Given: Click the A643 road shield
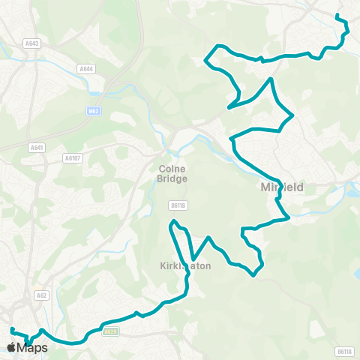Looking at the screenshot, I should pyautogui.click(x=31, y=44).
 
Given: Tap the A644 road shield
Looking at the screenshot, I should pyautogui.click(x=86, y=69).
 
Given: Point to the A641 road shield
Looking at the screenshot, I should pyautogui.click(x=36, y=147).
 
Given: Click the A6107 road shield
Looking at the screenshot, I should pyautogui.click(x=72, y=158).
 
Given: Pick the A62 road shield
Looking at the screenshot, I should pyautogui.click(x=42, y=296).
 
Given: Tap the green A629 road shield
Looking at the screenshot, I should pyautogui.click(x=110, y=331).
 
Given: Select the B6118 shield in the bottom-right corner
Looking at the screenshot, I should pyautogui.click(x=343, y=351).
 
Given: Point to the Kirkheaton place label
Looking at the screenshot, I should pyautogui.click(x=185, y=265).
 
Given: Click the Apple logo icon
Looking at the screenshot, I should pyautogui.click(x=11, y=347).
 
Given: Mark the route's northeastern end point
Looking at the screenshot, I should pyautogui.click(x=337, y=16).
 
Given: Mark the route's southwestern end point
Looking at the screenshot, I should pyautogui.click(x=11, y=330).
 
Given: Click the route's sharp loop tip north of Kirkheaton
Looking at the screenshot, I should pyautogui.click(x=174, y=221).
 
